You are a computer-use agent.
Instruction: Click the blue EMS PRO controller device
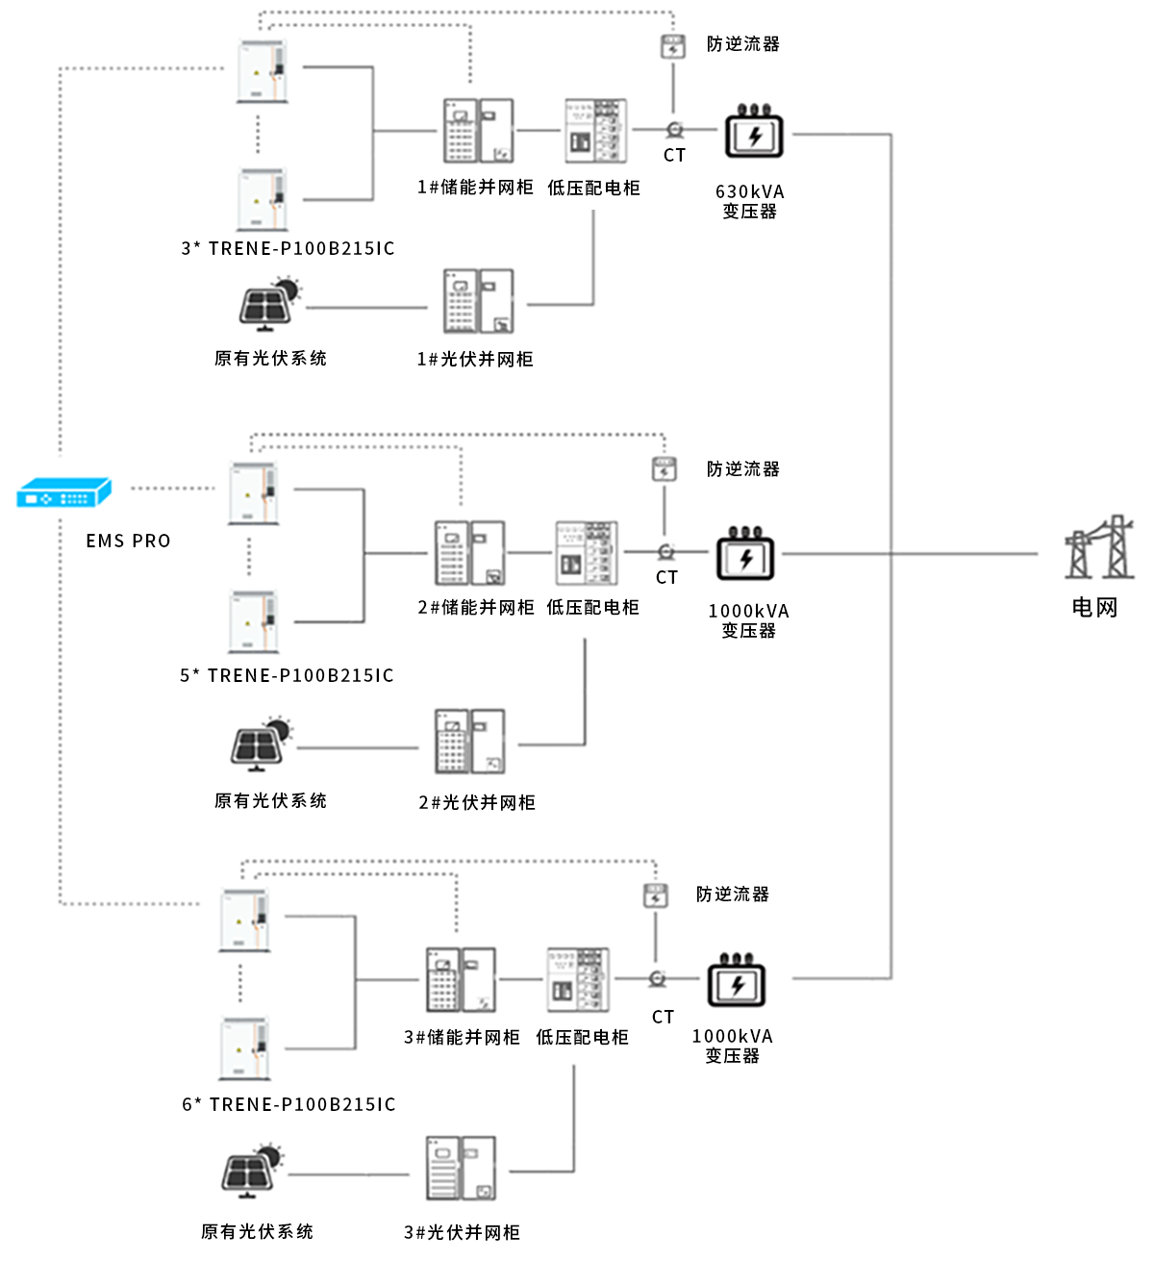pos(63,494)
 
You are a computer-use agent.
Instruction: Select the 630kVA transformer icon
pos(754,133)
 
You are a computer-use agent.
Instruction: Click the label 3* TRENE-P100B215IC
pos(288,248)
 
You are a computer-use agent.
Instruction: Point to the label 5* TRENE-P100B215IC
pos(287,675)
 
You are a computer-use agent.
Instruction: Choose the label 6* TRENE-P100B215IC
pos(288,1104)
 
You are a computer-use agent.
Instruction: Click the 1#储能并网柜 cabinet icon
pos(477,131)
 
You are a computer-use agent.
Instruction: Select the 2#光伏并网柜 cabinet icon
pos(469,742)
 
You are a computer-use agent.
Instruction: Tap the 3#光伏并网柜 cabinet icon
pos(461,1168)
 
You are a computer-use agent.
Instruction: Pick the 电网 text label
pos(1094,608)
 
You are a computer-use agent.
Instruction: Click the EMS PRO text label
pos(128,541)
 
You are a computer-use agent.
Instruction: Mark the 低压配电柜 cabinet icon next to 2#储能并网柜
pos(587,553)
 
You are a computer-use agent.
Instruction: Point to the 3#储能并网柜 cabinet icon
pos(461,979)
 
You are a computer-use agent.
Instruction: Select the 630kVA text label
pos(749,191)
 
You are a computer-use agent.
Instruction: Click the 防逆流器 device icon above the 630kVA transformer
pos(672,45)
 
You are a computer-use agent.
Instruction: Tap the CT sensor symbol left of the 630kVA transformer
pos(673,130)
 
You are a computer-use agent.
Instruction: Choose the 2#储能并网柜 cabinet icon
pos(469,553)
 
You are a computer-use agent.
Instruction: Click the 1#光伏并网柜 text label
pos(474,359)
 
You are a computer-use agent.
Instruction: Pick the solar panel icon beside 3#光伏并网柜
pos(253,1171)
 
